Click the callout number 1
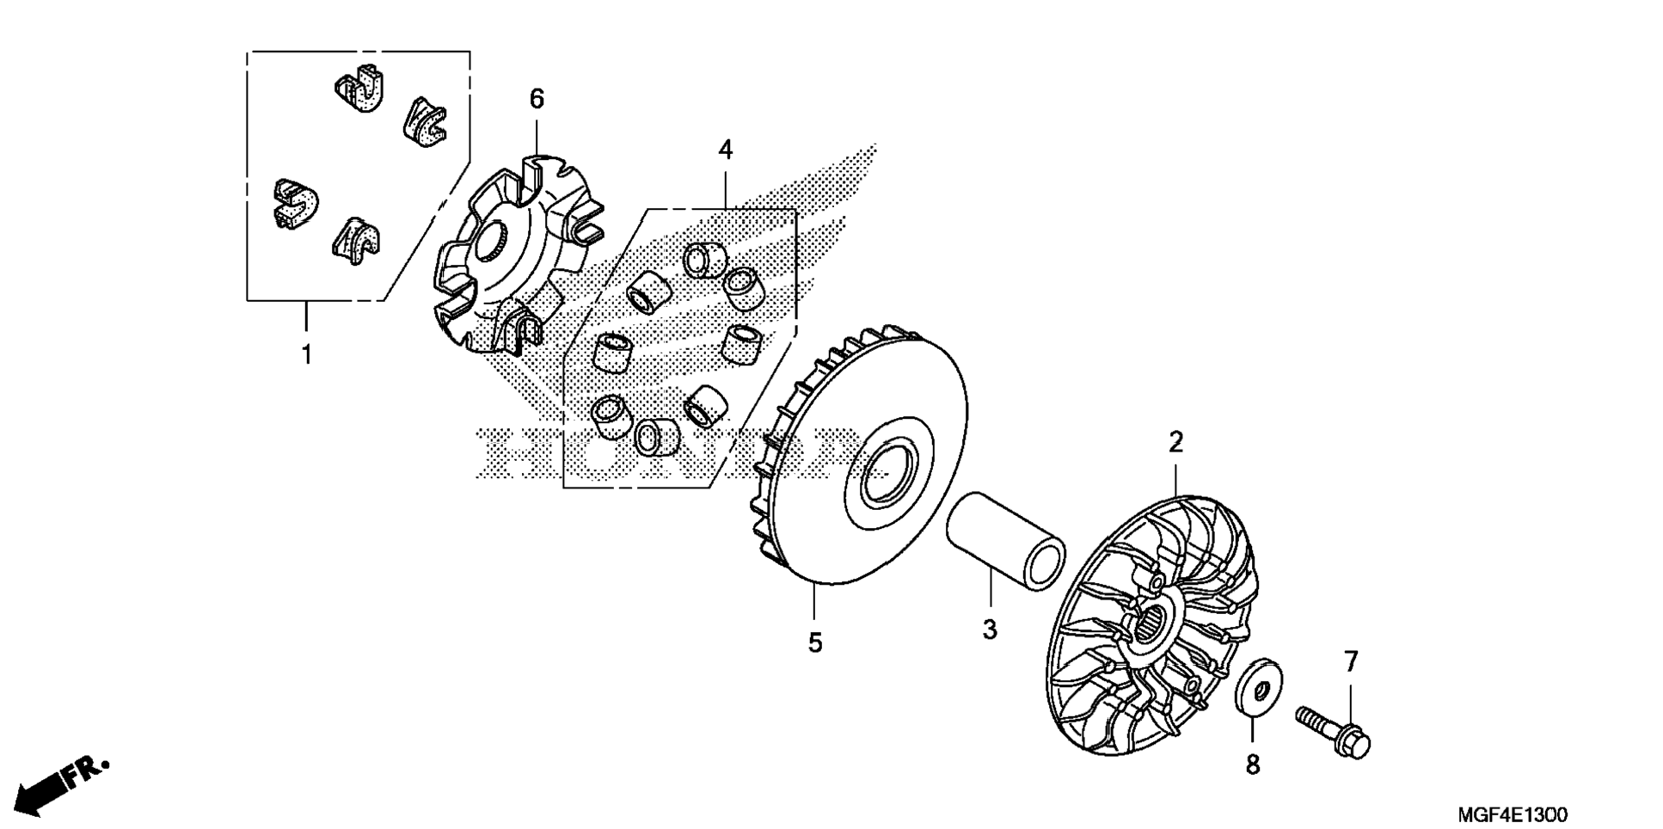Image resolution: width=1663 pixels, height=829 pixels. tap(306, 353)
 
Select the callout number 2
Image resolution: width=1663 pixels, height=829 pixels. tap(1175, 443)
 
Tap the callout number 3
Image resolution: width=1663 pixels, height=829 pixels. tap(990, 629)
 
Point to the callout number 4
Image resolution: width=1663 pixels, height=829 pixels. tap(725, 150)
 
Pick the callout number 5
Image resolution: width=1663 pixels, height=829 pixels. tap(814, 642)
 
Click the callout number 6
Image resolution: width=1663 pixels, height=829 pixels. tap(537, 100)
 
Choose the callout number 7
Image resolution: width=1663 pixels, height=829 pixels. tap(1350, 662)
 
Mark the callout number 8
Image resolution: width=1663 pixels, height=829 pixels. tap(1253, 764)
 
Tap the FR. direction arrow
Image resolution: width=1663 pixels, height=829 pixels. tap(60, 783)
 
